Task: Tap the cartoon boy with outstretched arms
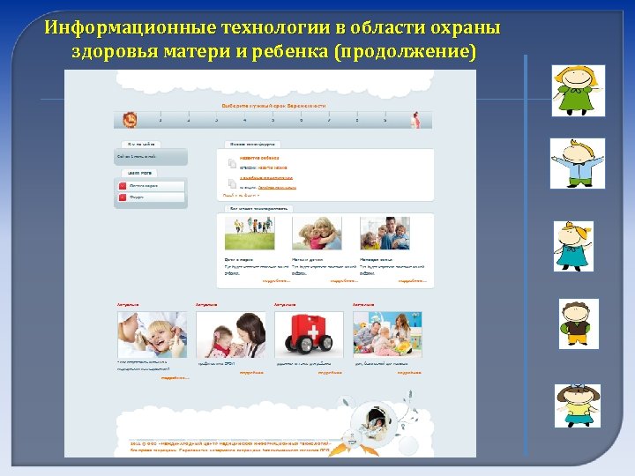pyautogui.click(x=578, y=163)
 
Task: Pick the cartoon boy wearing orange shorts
pyautogui.click(x=579, y=323)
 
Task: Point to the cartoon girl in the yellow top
pyautogui.click(x=577, y=405)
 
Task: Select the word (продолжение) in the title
pyautogui.click(x=405, y=50)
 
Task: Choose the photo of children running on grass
pyautogui.click(x=249, y=234)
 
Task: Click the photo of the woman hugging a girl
pyautogui.click(x=318, y=234)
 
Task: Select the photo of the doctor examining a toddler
pyautogui.click(x=230, y=334)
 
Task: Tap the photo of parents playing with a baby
pyautogui.click(x=387, y=334)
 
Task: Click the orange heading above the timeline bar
pyautogui.click(x=273, y=105)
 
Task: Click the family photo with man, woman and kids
pyautogui.click(x=385, y=234)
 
